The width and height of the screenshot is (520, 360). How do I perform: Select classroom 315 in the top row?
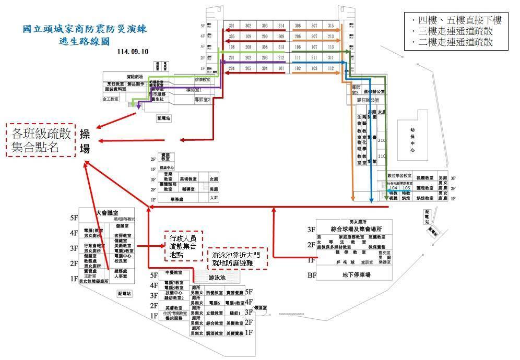pyautogui.click(x=330, y=26)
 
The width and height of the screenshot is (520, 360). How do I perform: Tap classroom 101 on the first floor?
pyautogui.click(x=281, y=68)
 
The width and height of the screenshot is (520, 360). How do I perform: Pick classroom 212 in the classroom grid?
pyautogui.click(x=281, y=57)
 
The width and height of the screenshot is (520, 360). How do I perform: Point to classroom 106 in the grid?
pyautogui.click(x=298, y=47)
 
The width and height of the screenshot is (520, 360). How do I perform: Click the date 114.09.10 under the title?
pyautogui.click(x=133, y=52)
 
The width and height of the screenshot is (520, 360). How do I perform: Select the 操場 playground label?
pyautogui.click(x=85, y=141)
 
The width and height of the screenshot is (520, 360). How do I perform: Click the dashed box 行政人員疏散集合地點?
pyautogui.click(x=182, y=246)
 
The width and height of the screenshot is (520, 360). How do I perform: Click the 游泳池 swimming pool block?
pyautogui.click(x=217, y=278)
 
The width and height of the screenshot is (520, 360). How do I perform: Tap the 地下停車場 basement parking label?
pyautogui.click(x=350, y=274)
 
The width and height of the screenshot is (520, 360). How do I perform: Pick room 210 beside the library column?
pyautogui.click(x=381, y=140)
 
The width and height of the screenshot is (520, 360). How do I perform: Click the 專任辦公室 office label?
pyautogui.click(x=368, y=100)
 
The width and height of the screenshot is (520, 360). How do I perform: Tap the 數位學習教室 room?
pyautogui.click(x=399, y=176)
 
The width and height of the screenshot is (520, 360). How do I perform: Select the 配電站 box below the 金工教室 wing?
pyautogui.click(x=164, y=118)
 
